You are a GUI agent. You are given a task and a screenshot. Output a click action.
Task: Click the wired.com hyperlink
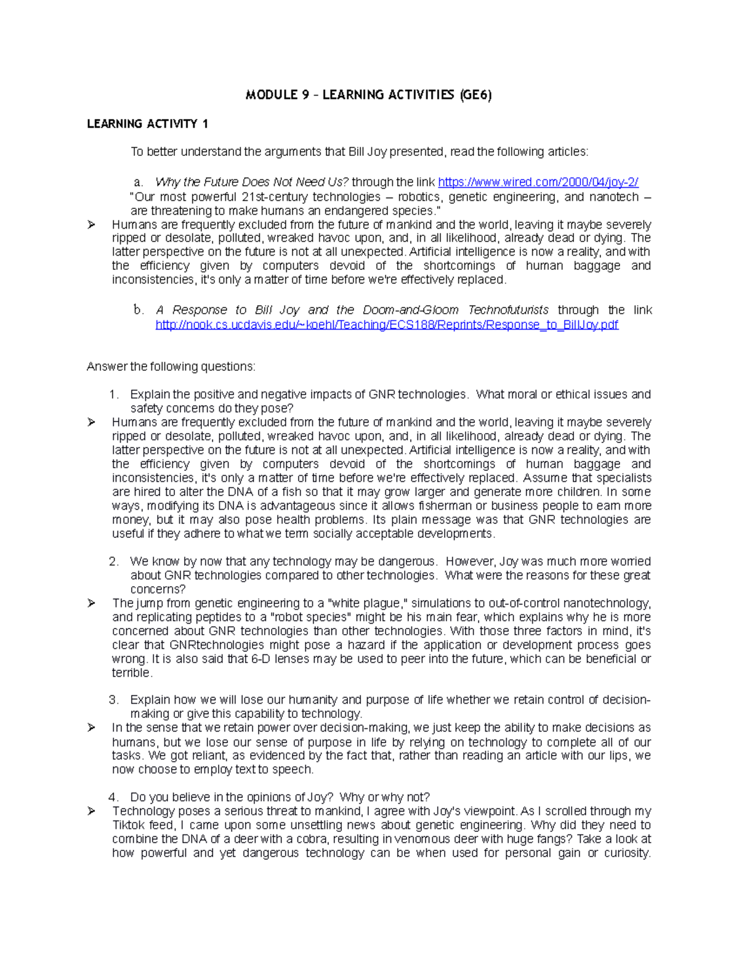tap(538, 182)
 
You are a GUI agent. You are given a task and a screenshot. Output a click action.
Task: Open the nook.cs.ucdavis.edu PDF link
tap(387, 325)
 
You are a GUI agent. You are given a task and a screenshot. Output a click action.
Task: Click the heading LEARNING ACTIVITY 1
tap(147, 124)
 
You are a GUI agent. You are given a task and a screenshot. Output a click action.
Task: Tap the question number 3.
tap(113, 700)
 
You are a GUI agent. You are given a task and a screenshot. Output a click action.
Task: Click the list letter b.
tap(138, 310)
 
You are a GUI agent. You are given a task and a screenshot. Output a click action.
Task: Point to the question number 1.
tap(113, 394)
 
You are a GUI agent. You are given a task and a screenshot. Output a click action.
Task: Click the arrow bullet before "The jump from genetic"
tap(92, 603)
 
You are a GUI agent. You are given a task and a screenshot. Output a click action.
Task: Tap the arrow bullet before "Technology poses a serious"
tap(92, 811)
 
